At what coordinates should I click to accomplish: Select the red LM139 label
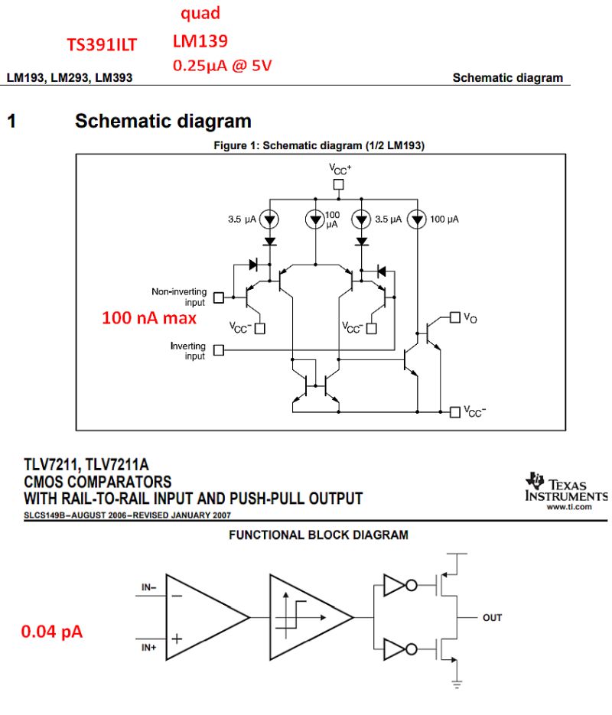pyautogui.click(x=200, y=41)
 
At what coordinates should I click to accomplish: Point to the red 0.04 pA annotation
pyautogui.click(x=52, y=632)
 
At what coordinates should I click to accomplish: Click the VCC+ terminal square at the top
pyautogui.click(x=338, y=184)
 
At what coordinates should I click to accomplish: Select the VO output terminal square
pyautogui.click(x=455, y=316)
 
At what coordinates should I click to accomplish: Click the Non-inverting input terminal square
pyautogui.click(x=218, y=297)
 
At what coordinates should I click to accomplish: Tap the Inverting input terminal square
pyautogui.click(x=218, y=350)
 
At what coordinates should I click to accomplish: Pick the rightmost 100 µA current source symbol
pyautogui.click(x=416, y=219)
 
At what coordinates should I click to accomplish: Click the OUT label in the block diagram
pyautogui.click(x=492, y=617)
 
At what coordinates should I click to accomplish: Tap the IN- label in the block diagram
pyautogui.click(x=149, y=588)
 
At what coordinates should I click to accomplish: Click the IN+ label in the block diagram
pyautogui.click(x=149, y=647)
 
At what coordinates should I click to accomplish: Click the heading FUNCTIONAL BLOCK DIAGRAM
pyautogui.click(x=318, y=535)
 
